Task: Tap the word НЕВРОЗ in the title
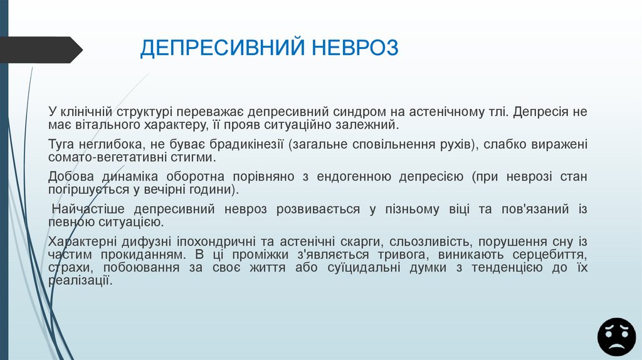pyautogui.click(x=354, y=48)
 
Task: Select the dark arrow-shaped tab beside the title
pyautogui.click(x=41, y=50)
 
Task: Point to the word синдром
pyautogui.click(x=361, y=112)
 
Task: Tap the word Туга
pyautogui.click(x=62, y=144)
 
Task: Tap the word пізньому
pyautogui.click(x=411, y=209)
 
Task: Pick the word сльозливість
pyautogui.click(x=429, y=242)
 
